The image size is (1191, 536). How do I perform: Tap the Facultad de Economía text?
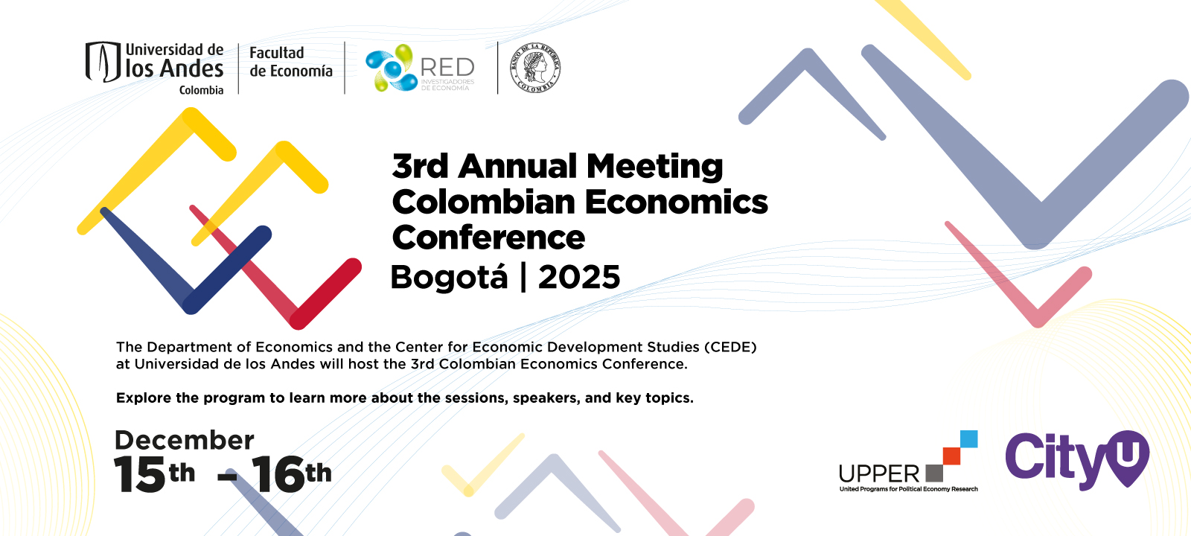coord(290,62)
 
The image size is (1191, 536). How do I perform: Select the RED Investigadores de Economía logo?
coord(420,68)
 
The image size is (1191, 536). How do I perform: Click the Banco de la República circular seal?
coord(535,68)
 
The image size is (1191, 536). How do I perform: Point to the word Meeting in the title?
coord(654,167)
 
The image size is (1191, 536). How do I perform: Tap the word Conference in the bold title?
coord(488,238)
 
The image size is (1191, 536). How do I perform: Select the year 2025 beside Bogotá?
coord(579,278)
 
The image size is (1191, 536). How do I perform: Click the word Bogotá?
coord(449,278)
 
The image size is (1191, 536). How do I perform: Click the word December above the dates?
coord(185,440)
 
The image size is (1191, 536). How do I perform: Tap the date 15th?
coord(154,474)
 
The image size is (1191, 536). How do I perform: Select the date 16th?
coord(291,474)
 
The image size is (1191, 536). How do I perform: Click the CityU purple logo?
coord(1076,459)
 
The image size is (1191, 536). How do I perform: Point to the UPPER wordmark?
coord(879,474)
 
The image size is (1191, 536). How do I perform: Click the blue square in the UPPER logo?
coord(968,438)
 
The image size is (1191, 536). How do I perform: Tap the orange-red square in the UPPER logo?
coord(951,456)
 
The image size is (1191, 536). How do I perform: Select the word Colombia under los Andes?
coord(201,90)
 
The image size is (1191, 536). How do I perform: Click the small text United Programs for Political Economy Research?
coord(908,489)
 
